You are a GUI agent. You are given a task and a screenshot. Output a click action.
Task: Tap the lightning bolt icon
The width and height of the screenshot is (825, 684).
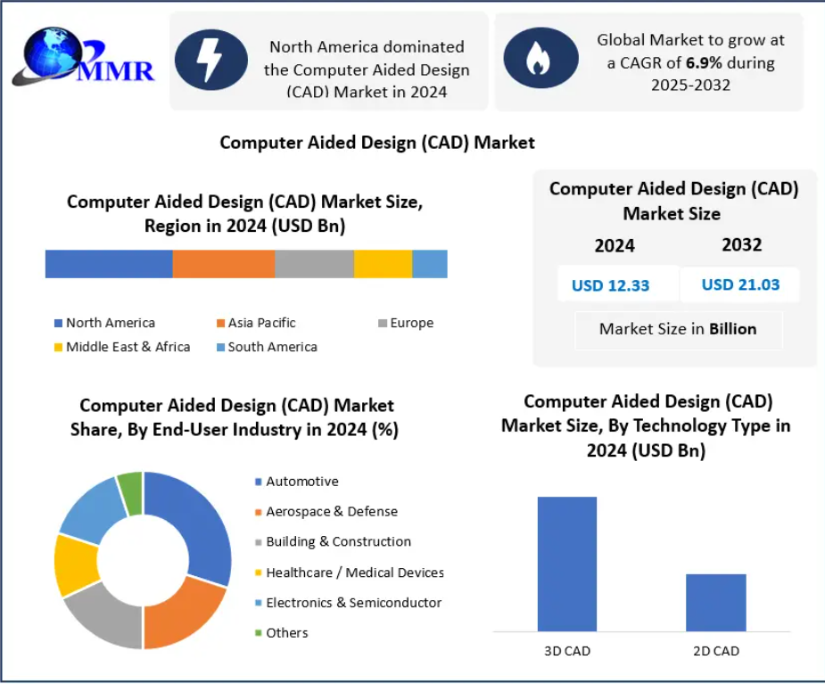(x=210, y=59)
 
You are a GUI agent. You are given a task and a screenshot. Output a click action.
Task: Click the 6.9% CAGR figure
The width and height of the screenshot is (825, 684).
(x=703, y=63)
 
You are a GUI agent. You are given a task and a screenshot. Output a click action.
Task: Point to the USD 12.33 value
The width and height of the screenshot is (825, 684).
(x=610, y=285)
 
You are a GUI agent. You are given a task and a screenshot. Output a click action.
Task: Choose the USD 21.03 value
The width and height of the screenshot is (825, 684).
(x=740, y=284)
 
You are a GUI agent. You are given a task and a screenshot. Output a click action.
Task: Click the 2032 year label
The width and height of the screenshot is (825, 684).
(x=741, y=244)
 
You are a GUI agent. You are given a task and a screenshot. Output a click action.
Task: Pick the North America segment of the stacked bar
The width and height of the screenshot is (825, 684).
(x=108, y=264)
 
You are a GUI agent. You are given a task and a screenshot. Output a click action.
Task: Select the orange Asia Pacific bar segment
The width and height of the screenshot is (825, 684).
(x=223, y=264)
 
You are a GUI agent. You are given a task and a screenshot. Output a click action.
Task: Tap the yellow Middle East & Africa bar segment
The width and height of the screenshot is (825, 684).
(x=383, y=264)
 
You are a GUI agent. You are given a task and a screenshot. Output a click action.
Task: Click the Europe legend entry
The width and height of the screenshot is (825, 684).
(x=406, y=323)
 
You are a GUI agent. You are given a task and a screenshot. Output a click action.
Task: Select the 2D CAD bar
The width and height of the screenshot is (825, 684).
(x=715, y=602)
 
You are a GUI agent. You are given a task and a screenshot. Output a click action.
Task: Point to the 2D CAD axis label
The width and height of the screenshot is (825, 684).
(x=715, y=651)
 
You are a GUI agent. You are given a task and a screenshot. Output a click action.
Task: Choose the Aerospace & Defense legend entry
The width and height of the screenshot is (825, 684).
(x=326, y=512)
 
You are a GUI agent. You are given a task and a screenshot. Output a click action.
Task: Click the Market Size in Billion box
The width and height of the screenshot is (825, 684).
(x=678, y=329)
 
